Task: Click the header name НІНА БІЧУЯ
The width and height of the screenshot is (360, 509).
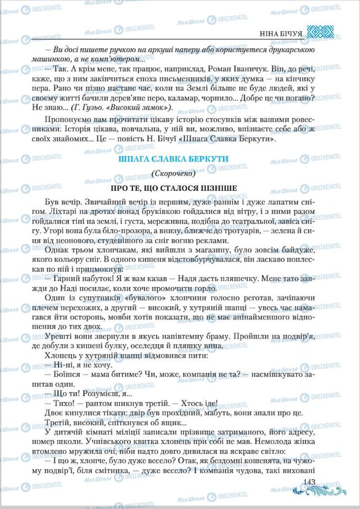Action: (281, 34)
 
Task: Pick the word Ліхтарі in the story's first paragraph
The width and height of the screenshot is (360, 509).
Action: (59, 212)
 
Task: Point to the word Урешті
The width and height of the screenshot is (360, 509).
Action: (56, 336)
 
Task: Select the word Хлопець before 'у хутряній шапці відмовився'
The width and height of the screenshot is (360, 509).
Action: (60, 355)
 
